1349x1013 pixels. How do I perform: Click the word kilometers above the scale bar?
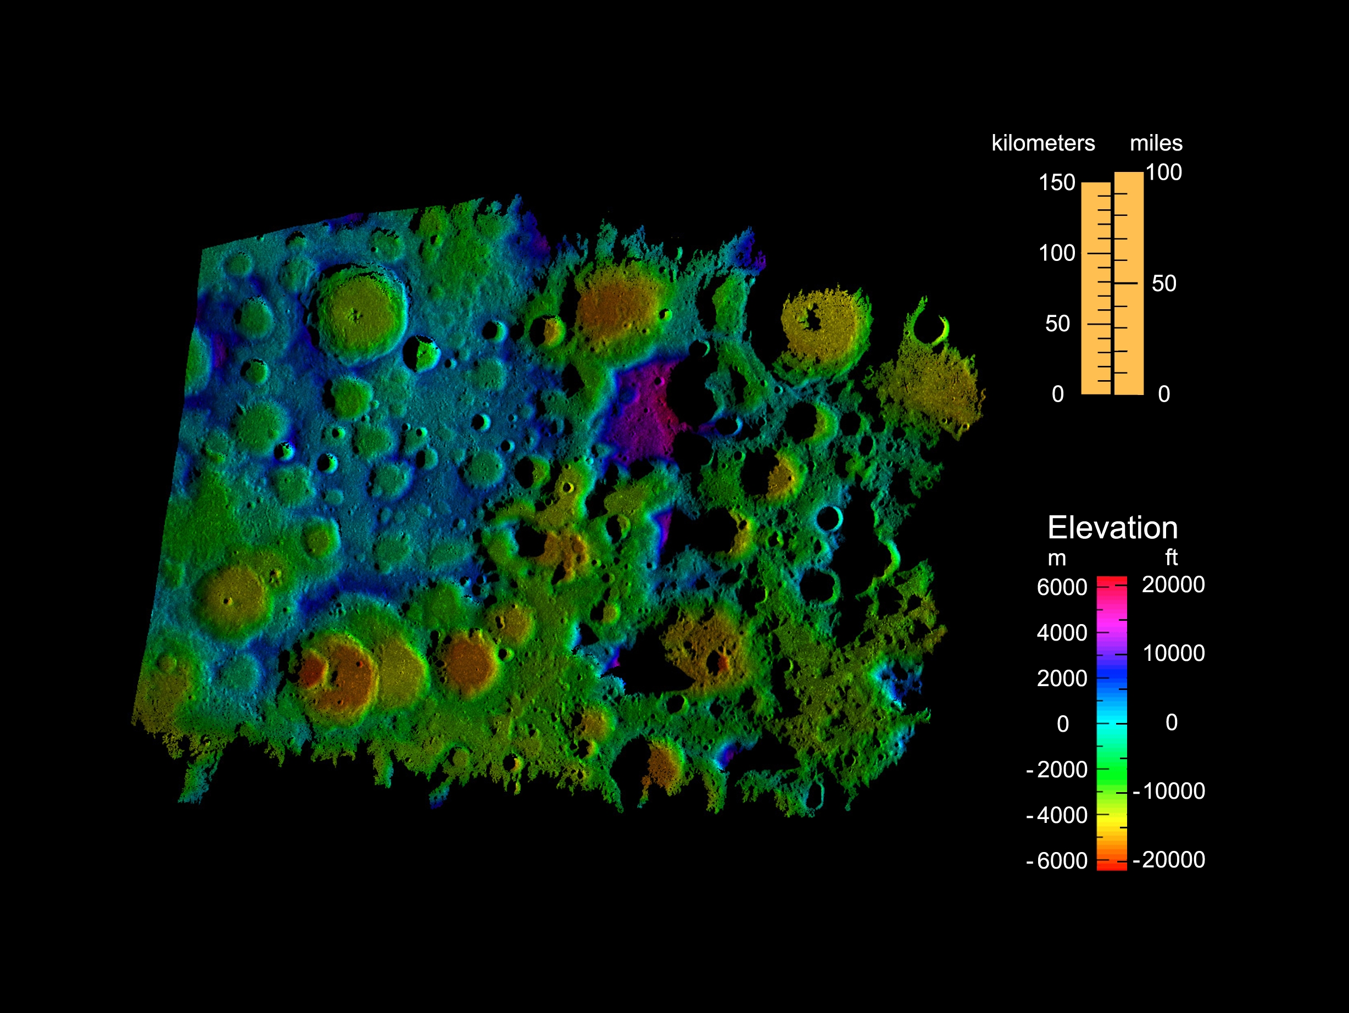(x=1043, y=143)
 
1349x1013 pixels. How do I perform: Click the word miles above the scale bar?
(x=1156, y=143)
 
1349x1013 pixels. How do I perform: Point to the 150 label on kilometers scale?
(x=1057, y=182)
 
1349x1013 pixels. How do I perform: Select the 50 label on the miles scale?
(x=1163, y=283)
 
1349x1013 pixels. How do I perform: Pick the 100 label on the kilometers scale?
(x=1057, y=253)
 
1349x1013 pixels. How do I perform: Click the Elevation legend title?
(x=1112, y=527)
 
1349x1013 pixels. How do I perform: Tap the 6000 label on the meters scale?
(x=1062, y=587)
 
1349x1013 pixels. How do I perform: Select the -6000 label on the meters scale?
(x=1057, y=860)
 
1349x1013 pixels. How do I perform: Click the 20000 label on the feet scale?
(x=1173, y=585)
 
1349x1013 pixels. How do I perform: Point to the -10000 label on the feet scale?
(x=1169, y=791)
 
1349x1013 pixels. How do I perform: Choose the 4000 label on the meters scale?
(x=1062, y=633)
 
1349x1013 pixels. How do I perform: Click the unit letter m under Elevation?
(x=1057, y=559)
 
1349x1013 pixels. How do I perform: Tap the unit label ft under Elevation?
(x=1171, y=558)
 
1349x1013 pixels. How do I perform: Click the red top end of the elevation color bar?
(x=1112, y=580)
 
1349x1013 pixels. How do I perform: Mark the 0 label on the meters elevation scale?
(x=1062, y=724)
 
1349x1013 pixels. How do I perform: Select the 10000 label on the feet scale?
(x=1173, y=653)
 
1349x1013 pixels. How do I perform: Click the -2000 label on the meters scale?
(x=1057, y=770)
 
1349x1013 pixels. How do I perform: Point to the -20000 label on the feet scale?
(x=1169, y=859)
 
